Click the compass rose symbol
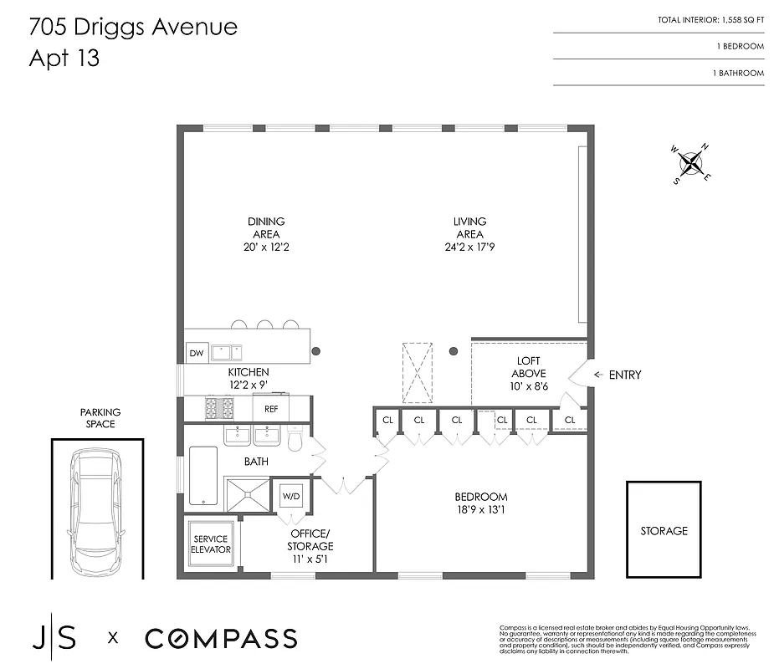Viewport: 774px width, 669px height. (x=691, y=162)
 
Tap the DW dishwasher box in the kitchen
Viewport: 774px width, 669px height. (x=197, y=353)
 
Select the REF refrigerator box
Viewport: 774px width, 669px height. (x=271, y=409)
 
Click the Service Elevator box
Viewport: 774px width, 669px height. (x=211, y=544)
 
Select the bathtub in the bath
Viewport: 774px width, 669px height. (x=203, y=476)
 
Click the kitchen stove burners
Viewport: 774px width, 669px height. (x=219, y=409)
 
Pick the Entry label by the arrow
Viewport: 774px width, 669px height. (x=625, y=375)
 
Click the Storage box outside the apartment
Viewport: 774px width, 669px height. (x=664, y=530)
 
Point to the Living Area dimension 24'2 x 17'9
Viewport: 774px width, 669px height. (x=469, y=247)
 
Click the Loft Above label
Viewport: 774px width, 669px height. (x=529, y=368)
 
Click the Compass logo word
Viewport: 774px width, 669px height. (x=221, y=639)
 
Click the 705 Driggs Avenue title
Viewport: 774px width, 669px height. (x=133, y=27)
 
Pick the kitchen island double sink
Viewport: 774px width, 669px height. (x=227, y=352)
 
